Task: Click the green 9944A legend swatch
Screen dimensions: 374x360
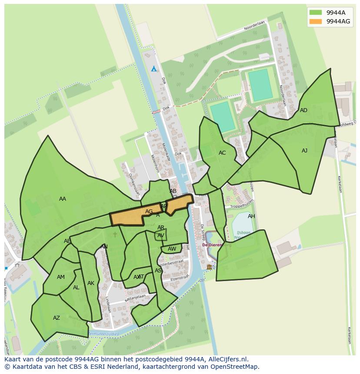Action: coord(316,13)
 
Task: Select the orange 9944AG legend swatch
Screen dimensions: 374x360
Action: coord(316,21)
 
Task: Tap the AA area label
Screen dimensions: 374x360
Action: coord(63,199)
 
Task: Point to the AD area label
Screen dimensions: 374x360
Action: coord(303,110)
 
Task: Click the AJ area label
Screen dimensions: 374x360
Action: coord(304,151)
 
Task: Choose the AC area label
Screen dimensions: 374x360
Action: coord(222,153)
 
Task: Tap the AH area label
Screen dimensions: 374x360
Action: coord(251,216)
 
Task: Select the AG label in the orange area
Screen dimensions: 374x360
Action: coord(149,212)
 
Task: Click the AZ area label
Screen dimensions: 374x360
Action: coord(57,318)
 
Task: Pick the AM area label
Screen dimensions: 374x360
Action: coord(61,277)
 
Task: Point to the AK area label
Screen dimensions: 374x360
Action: coord(90,283)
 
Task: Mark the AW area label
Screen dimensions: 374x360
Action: coord(172,249)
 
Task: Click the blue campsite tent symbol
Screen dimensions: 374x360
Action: coord(153,69)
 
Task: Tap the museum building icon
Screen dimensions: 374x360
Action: coord(210,267)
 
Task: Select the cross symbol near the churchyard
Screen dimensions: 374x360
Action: coord(115,235)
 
